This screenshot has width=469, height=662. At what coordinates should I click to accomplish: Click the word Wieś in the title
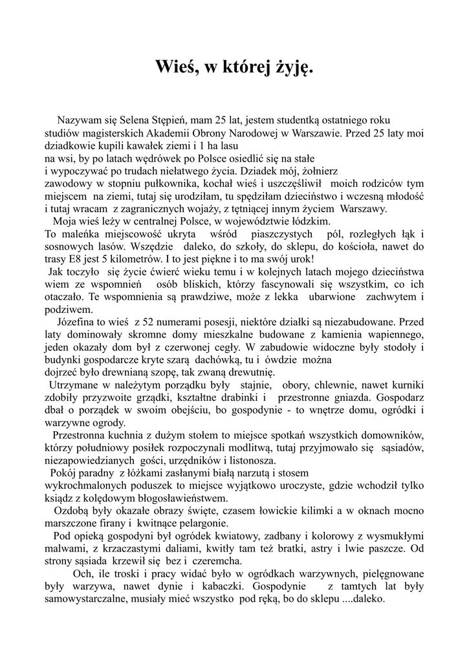177,67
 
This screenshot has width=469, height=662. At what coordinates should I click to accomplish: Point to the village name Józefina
77,321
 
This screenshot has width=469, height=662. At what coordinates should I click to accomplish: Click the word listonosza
251,460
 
